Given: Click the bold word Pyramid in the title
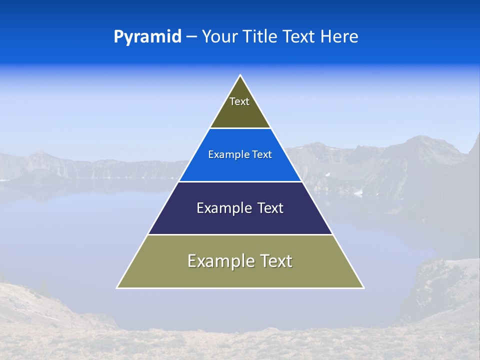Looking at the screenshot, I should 147,36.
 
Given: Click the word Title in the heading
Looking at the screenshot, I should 260,36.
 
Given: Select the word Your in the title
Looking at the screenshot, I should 220,36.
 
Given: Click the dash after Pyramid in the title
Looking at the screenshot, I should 191,37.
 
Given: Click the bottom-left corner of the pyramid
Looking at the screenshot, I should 118,287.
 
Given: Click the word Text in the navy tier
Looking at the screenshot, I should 270,208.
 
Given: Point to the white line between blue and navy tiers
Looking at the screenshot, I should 240,181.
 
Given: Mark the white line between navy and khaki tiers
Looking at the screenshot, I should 240,234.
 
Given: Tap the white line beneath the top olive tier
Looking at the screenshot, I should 240,128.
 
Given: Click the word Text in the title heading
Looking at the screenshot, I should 299,36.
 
